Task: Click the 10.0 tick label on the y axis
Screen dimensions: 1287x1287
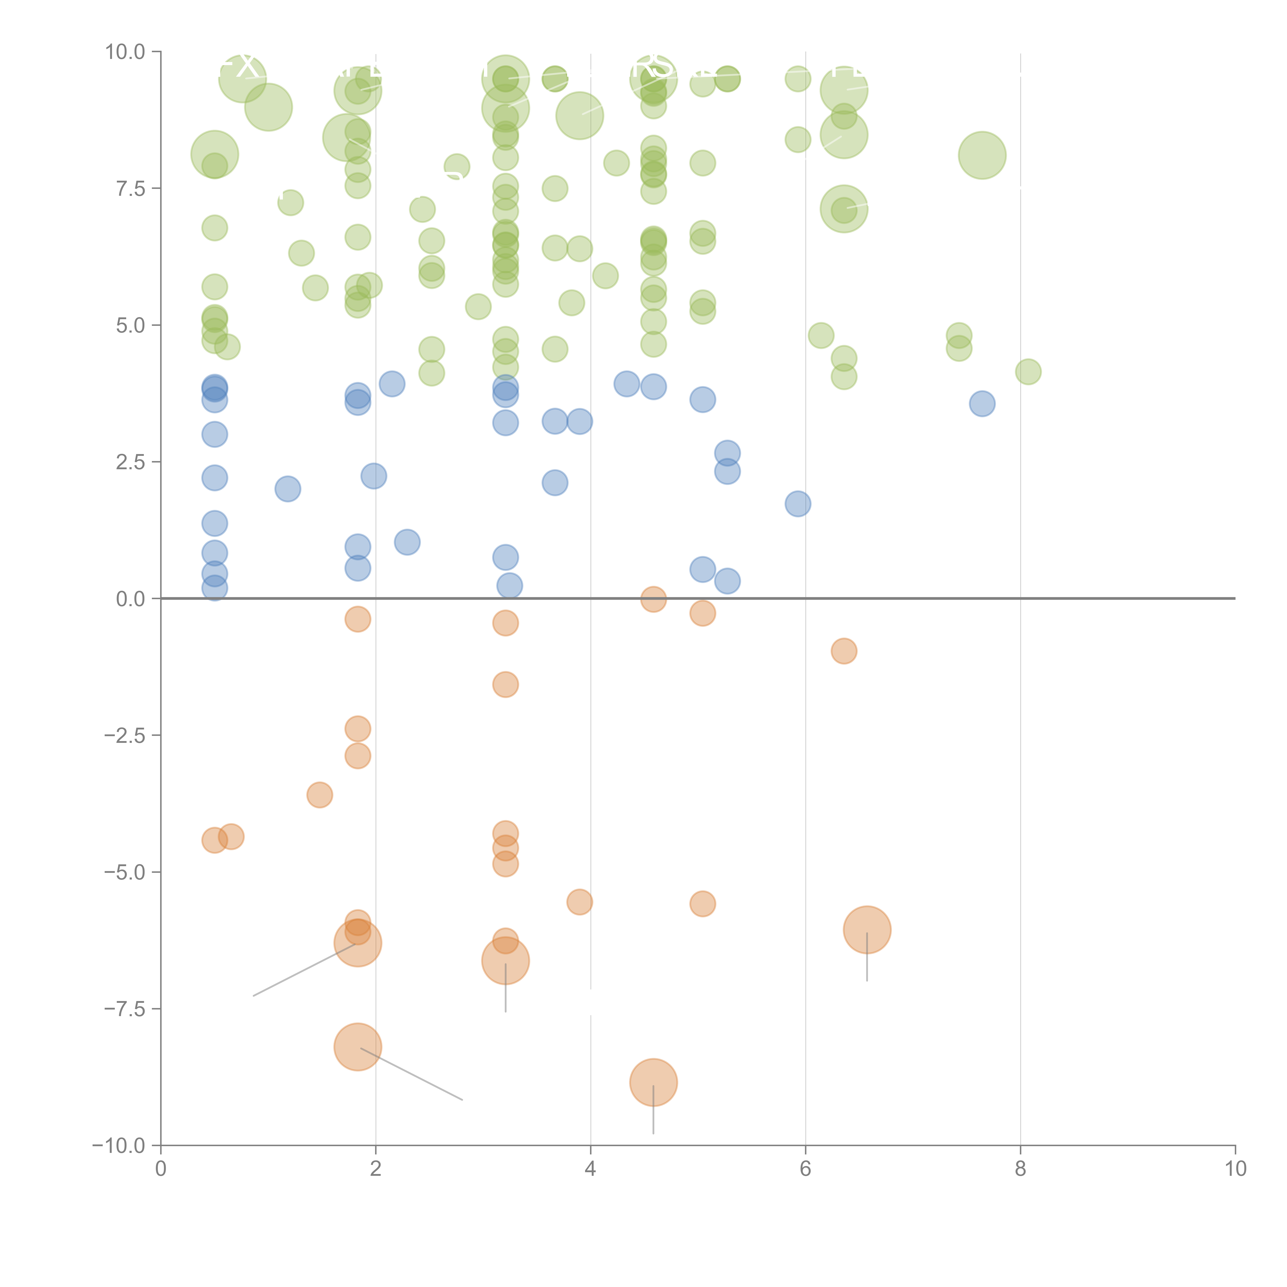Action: pyautogui.click(x=125, y=52)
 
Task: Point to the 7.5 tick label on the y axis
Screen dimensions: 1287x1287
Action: pyautogui.click(x=131, y=188)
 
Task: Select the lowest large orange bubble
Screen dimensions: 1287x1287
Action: pyautogui.click(x=654, y=1082)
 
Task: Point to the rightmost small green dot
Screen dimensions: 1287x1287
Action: pyautogui.click(x=1028, y=372)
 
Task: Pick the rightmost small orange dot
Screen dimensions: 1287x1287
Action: pyautogui.click(x=844, y=651)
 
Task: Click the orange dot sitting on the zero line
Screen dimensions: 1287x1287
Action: pyautogui.click(x=654, y=599)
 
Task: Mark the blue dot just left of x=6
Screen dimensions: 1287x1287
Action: pyautogui.click(x=798, y=504)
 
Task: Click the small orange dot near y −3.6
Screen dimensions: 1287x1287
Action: pyautogui.click(x=320, y=795)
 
